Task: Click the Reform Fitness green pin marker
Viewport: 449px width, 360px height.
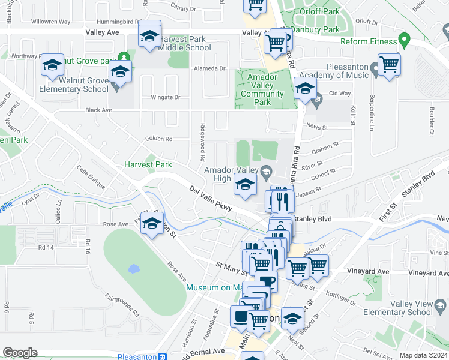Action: [x=405, y=41]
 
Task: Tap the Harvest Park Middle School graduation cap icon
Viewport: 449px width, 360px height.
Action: [x=149, y=37]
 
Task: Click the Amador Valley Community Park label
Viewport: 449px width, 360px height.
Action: [x=262, y=89]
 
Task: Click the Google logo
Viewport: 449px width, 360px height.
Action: [x=20, y=352]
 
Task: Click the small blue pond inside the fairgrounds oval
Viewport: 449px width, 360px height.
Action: [x=133, y=269]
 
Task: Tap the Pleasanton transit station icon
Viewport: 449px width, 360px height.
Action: [x=162, y=355]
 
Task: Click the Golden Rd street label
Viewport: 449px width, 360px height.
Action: [x=159, y=139]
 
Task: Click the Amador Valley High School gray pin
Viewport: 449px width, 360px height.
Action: [x=267, y=169]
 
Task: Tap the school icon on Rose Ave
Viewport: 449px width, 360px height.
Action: [x=152, y=224]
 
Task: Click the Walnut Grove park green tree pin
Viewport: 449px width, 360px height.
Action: [x=124, y=58]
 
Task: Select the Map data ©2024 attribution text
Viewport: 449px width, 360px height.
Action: [x=423, y=355]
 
